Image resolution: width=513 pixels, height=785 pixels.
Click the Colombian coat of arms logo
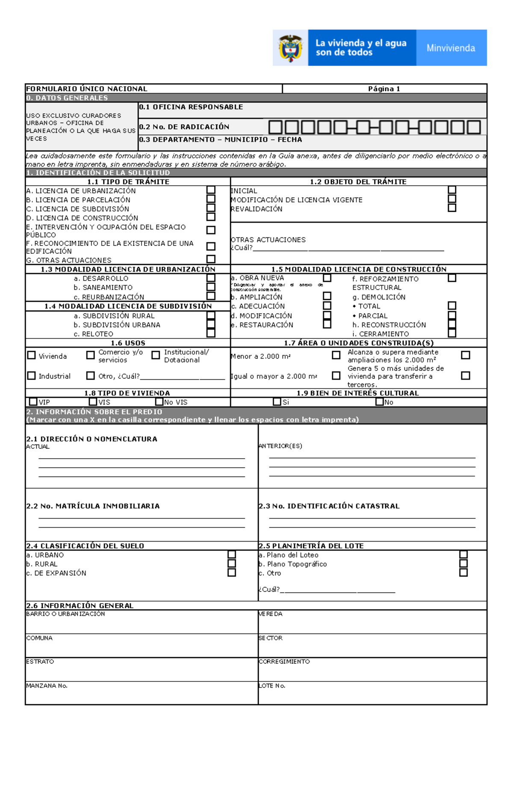click(290, 48)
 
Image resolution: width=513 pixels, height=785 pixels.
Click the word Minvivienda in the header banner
click(451, 48)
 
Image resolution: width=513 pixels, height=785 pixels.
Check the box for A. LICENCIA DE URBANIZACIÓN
click(211, 190)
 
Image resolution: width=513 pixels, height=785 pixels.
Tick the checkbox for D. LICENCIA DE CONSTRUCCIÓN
click(211, 217)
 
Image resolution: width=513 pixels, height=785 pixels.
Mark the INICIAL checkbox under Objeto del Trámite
click(452, 190)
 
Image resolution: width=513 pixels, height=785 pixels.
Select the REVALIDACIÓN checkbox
click(452, 208)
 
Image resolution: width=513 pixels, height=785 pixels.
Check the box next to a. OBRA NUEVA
click(327, 278)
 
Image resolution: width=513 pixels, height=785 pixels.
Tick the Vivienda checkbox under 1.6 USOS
click(32, 355)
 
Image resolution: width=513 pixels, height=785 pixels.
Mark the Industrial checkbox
click(32, 375)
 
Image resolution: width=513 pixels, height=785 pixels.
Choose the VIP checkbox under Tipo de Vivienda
click(33, 402)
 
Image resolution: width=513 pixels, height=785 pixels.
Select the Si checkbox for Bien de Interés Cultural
click(277, 402)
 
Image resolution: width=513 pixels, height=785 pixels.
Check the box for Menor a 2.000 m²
click(336, 355)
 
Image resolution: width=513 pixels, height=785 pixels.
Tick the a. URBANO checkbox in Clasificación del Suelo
click(232, 554)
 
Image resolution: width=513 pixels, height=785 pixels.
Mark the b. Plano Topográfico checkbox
click(463, 563)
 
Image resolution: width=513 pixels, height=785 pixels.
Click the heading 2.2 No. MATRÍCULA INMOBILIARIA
click(93, 506)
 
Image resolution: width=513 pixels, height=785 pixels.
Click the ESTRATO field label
click(40, 661)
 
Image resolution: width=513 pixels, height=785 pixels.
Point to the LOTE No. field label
click(272, 685)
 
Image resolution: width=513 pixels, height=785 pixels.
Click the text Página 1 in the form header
click(384, 89)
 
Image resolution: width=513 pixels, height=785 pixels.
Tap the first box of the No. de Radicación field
click(275, 127)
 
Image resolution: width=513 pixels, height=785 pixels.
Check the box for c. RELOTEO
click(211, 333)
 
